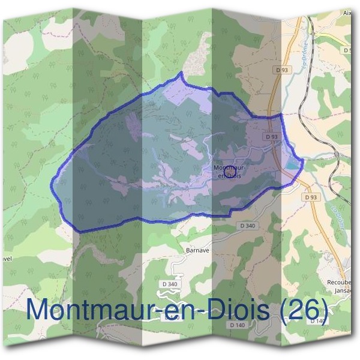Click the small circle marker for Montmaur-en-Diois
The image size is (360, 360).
click(x=229, y=172)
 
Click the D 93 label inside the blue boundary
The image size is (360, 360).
click(x=272, y=137)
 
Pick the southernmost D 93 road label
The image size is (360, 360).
click(x=310, y=197)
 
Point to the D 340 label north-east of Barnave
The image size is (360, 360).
click(x=247, y=226)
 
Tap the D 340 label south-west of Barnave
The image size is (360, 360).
click(x=170, y=284)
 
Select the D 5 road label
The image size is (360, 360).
click(x=347, y=50)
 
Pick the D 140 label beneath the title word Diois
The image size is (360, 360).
click(x=238, y=325)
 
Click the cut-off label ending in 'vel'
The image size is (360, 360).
click(x=6, y=260)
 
